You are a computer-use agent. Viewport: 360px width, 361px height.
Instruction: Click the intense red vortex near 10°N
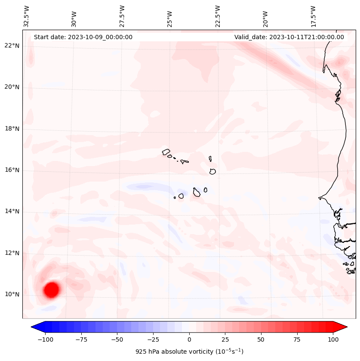click(51, 290)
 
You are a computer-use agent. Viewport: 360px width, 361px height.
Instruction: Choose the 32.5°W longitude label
click(27, 16)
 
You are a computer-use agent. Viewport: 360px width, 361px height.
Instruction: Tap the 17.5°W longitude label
click(313, 16)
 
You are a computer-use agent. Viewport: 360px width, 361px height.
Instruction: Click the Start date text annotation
click(83, 37)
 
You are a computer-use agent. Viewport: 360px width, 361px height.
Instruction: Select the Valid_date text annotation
click(289, 37)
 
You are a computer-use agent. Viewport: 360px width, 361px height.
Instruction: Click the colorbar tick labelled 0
click(189, 339)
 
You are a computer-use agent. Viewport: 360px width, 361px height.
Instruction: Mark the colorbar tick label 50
click(261, 339)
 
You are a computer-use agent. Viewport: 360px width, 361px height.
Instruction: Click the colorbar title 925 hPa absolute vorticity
click(189, 352)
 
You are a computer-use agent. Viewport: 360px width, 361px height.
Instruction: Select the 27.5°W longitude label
click(122, 16)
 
